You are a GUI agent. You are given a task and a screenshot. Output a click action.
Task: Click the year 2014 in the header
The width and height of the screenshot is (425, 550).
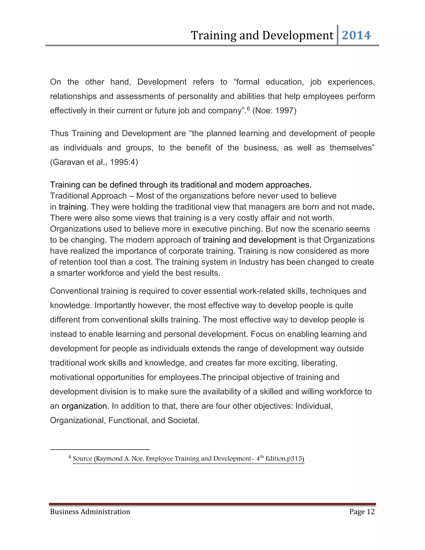(x=356, y=35)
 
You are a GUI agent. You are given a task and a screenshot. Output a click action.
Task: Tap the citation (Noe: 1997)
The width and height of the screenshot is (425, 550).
(x=274, y=111)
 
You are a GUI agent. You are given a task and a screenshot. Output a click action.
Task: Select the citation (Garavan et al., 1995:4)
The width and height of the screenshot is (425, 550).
(x=94, y=162)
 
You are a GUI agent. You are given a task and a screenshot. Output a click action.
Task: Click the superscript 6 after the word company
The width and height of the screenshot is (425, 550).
(x=248, y=109)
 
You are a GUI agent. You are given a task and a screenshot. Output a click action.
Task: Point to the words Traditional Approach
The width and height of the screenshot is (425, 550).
(x=88, y=196)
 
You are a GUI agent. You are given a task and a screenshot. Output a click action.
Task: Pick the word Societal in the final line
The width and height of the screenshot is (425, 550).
(x=183, y=420)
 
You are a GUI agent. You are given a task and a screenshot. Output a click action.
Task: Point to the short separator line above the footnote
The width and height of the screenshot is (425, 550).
(x=100, y=449)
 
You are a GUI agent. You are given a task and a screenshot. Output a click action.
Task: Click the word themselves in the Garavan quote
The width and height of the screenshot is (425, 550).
(x=352, y=148)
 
